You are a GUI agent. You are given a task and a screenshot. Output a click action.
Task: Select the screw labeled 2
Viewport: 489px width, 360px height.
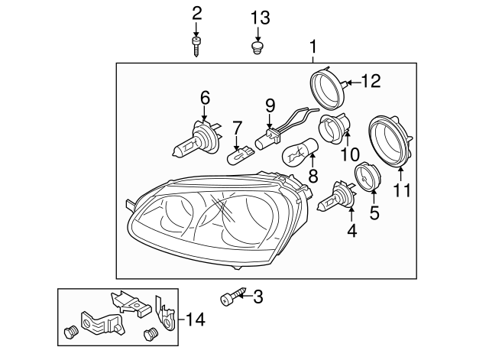197,45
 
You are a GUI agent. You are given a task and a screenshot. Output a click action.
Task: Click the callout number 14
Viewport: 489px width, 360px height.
196,319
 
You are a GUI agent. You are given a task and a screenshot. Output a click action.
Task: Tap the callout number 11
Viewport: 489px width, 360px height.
402,189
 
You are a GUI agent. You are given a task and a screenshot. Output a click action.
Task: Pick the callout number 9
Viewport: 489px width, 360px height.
269,103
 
